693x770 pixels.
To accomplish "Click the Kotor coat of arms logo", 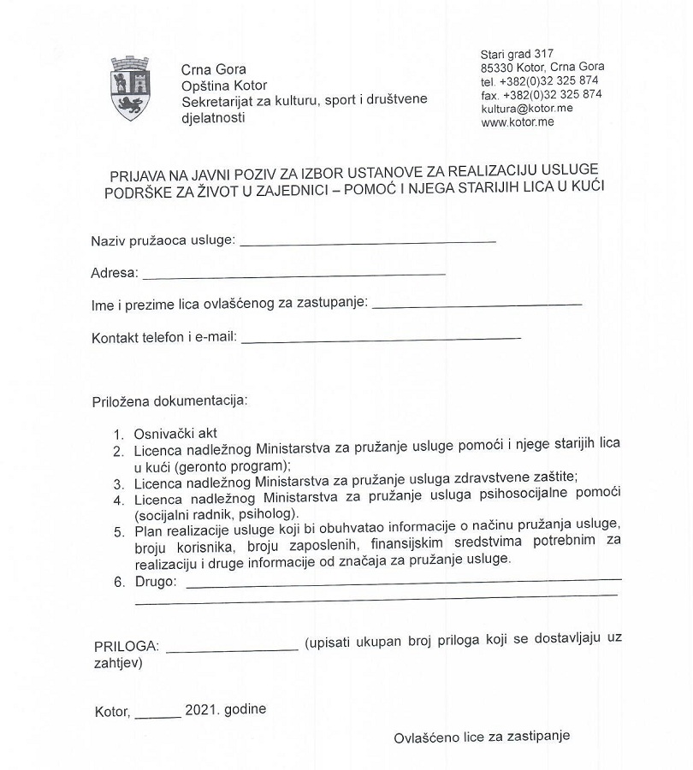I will (130, 88).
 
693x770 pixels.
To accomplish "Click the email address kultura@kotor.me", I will (526, 109).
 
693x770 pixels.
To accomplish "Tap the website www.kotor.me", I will (518, 122).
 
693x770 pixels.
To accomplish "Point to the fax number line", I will (541, 95).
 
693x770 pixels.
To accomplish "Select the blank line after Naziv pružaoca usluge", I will (368, 243).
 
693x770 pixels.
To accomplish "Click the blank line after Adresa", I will (294, 275).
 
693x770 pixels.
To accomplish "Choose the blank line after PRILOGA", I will (232, 650).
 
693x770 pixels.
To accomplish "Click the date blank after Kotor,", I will (157, 715).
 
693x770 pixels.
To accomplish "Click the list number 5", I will (119, 532).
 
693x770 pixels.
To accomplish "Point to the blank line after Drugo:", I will (402, 584).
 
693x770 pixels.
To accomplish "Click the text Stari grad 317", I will (517, 54).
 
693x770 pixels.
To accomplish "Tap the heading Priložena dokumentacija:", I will (169, 400).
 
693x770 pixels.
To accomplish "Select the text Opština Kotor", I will (224, 86).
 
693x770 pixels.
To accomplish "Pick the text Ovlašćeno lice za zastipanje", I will (482, 737).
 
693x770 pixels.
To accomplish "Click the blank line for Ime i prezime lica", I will (477, 305).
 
